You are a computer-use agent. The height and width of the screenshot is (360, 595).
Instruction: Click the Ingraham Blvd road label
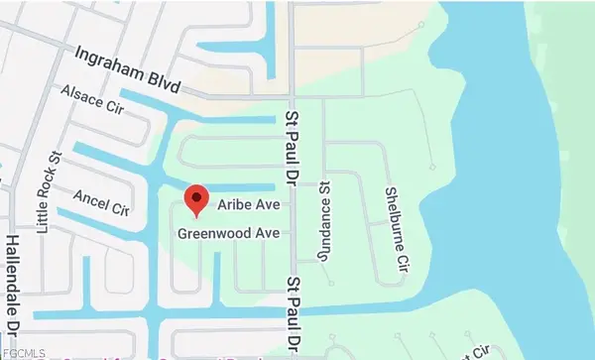129,63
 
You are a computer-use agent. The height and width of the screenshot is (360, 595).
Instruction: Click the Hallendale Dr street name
13,293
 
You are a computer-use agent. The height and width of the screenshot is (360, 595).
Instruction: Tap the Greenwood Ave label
228,233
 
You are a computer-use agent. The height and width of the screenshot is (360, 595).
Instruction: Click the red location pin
196,200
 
